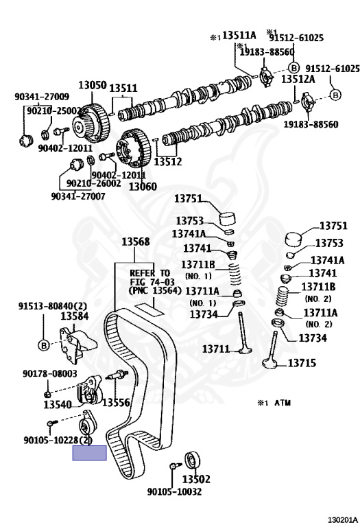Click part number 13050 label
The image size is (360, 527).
tap(93, 84)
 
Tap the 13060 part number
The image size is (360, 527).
tap(143, 186)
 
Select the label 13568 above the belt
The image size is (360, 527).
tap(135, 242)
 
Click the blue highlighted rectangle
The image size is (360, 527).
tap(90, 453)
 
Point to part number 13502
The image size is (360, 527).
tap(196, 478)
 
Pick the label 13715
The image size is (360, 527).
tap(302, 363)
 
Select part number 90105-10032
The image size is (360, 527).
tap(174, 492)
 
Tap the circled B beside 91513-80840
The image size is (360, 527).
tap(44, 345)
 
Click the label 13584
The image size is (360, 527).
tap(75, 316)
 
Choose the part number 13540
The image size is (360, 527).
tap(58, 405)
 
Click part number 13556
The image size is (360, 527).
tap(116, 402)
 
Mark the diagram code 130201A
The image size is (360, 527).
tap(343, 521)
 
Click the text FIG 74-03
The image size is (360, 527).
tap(152, 281)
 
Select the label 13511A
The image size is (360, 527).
tap(239, 35)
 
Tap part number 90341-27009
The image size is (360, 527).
tap(42, 97)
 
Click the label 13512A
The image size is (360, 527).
tap(298, 80)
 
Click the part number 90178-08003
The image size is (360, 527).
tap(50, 374)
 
